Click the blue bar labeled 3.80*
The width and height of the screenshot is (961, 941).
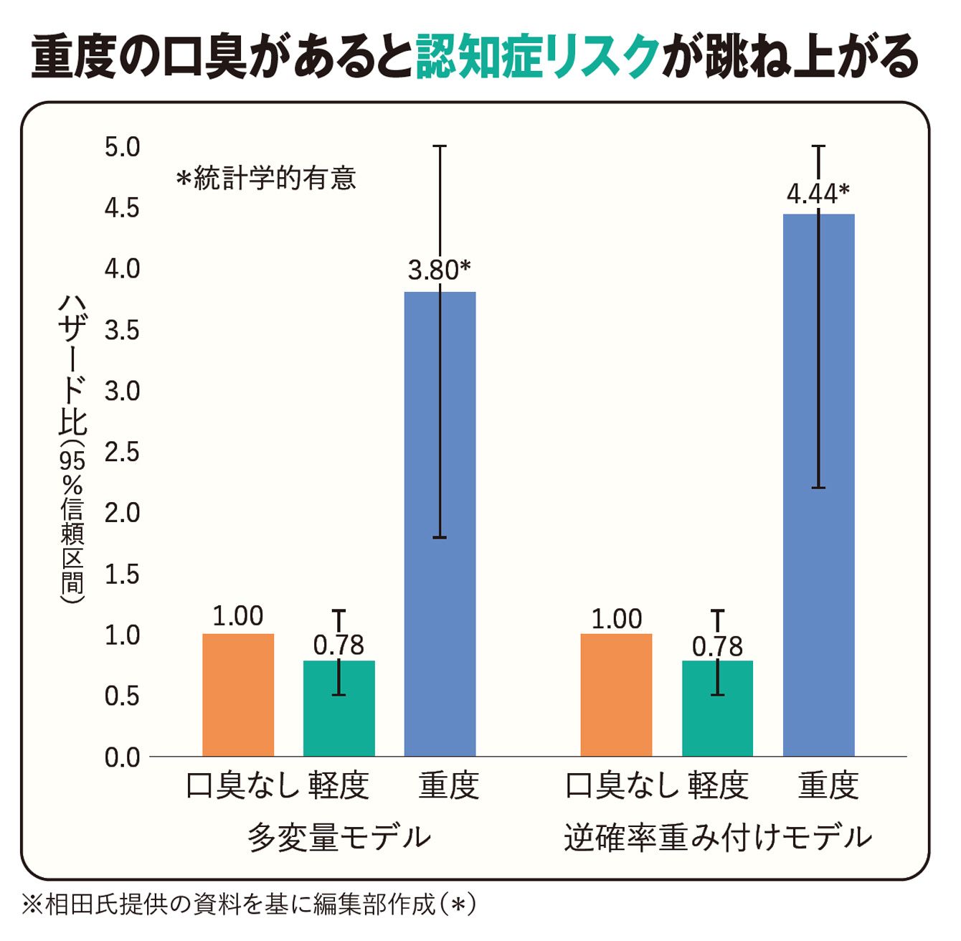(440, 524)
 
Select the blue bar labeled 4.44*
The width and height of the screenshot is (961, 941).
(819, 486)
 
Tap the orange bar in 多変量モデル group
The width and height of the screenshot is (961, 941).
(238, 696)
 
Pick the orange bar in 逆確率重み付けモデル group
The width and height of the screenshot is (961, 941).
(616, 696)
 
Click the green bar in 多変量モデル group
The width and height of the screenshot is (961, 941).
(339, 709)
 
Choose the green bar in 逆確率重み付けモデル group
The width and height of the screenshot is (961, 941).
(718, 709)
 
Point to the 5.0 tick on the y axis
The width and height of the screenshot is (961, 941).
(122, 148)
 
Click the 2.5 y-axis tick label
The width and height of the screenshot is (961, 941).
(122, 453)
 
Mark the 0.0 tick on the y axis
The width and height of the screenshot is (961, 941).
(122, 758)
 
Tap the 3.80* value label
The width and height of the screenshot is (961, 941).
(440, 270)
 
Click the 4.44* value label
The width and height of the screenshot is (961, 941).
(818, 194)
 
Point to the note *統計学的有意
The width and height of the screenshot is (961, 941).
(267, 179)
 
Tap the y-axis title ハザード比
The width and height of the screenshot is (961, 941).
(73, 365)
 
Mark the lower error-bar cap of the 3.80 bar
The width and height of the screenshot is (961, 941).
(440, 538)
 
